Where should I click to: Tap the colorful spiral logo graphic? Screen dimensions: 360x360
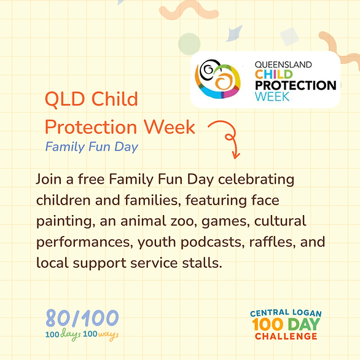(217, 79)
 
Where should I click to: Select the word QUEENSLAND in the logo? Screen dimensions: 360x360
(283, 65)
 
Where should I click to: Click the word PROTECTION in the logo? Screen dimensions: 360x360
(295, 85)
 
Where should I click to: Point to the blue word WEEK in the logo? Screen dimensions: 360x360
(272, 96)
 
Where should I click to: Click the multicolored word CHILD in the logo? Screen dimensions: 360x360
(273, 74)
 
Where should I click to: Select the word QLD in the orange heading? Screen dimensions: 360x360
(65, 99)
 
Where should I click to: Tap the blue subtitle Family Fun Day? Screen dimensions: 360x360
(92, 147)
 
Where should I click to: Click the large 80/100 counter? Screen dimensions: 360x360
(82, 318)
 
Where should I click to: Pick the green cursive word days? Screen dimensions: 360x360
(71, 335)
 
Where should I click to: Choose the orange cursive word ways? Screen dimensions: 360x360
(109, 335)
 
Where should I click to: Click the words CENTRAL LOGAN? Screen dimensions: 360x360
(286, 313)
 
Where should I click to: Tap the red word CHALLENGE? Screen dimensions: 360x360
(286, 337)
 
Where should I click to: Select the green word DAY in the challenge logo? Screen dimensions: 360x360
(304, 324)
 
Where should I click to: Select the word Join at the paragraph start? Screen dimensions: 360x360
(49, 179)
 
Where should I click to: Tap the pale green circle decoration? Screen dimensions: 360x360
(189, 44)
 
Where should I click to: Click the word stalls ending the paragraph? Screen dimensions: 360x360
(202, 263)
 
